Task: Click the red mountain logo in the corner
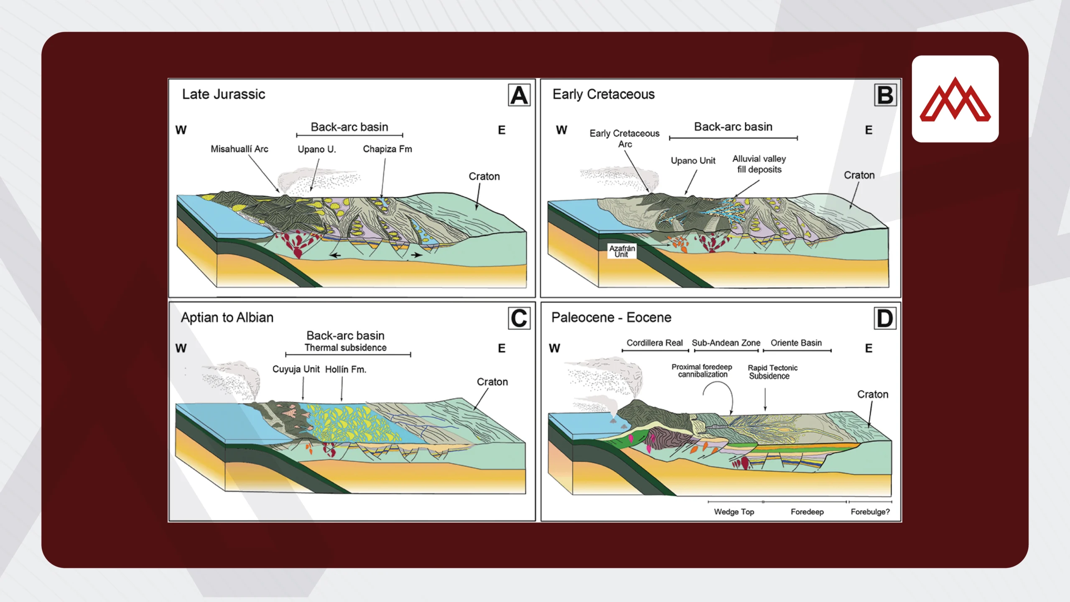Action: point(955,99)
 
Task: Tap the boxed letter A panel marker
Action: point(519,95)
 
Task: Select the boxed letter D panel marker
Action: point(885,319)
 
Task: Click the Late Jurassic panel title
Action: point(224,94)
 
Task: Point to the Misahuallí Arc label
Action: point(239,149)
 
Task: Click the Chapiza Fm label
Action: point(387,149)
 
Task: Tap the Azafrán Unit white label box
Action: point(622,251)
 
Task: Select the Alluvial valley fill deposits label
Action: point(759,164)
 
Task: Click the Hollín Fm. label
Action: point(345,369)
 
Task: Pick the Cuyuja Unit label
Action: point(296,369)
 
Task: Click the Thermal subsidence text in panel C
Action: point(345,347)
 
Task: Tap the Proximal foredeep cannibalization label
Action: point(702,370)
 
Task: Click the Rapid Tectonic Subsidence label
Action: point(772,372)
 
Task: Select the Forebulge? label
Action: point(870,512)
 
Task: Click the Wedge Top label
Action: point(734,512)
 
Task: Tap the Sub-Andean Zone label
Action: point(726,343)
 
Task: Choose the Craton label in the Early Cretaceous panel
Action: point(859,175)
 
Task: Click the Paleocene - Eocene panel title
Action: point(611,317)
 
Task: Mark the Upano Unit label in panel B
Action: point(693,161)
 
